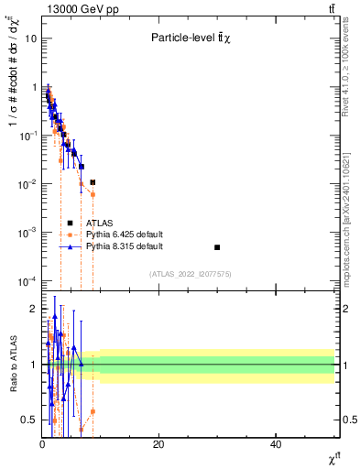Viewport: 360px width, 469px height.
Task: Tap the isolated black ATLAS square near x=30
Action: (x=217, y=247)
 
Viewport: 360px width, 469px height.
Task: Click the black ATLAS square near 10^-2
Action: (x=93, y=182)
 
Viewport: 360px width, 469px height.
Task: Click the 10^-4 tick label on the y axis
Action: (x=27, y=280)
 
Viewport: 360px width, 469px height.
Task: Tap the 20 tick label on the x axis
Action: (x=158, y=444)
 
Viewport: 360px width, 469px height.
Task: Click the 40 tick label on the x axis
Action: (x=276, y=444)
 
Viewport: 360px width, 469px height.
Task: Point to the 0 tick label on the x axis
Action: (x=42, y=444)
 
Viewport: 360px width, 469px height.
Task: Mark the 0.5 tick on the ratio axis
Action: (x=29, y=420)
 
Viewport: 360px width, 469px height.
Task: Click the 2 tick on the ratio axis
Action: (x=33, y=309)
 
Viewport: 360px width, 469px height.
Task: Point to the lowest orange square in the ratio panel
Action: (x=82, y=429)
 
